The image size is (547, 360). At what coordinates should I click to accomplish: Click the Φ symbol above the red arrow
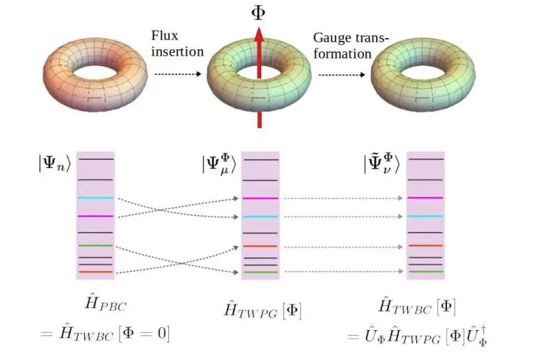tap(259, 12)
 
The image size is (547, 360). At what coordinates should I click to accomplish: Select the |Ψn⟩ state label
tap(56, 166)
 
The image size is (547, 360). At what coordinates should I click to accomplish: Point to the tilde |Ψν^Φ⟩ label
tap(382, 165)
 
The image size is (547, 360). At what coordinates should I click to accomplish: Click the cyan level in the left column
tap(95, 198)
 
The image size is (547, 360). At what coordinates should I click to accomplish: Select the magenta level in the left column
tap(95, 216)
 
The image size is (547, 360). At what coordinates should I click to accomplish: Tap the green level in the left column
tap(95, 245)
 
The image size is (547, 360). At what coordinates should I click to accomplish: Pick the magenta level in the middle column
tap(259, 199)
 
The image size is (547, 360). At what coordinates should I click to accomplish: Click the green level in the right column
tap(424, 271)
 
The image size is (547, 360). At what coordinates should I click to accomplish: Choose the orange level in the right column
tap(424, 245)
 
